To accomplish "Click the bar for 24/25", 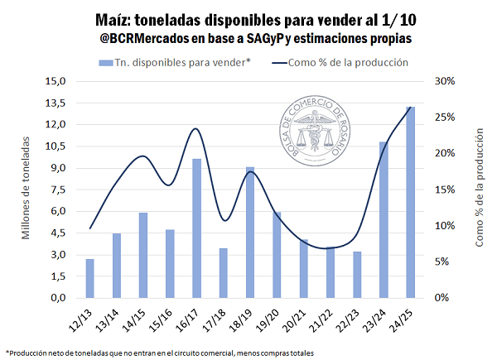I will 411,202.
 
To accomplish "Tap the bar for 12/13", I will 89,278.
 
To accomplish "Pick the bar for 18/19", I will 250,233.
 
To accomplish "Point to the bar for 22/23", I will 357,275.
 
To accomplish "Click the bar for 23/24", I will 384,219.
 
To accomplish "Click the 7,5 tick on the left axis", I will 58,190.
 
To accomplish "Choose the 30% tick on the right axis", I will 441,82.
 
